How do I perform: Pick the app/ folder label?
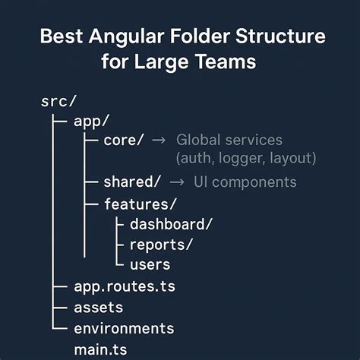click(x=91, y=122)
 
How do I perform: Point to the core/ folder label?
click(x=124, y=141)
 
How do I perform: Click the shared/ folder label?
click(x=132, y=182)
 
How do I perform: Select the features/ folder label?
click(x=141, y=204)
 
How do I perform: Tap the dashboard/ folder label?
click(x=171, y=224)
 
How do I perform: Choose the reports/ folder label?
click(x=162, y=244)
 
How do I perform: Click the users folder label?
click(x=150, y=264)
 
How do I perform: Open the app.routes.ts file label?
click(x=125, y=287)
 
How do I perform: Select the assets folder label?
click(x=98, y=308)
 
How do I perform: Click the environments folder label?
click(x=124, y=328)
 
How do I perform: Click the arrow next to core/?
click(x=159, y=141)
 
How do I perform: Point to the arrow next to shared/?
click(x=176, y=182)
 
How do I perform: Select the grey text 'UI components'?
click(x=245, y=182)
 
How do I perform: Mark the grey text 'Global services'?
click(x=229, y=141)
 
